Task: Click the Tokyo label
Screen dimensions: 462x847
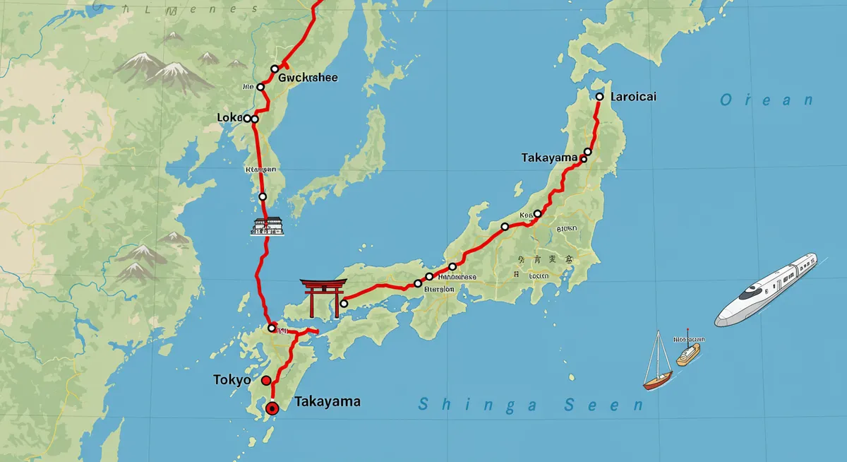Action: click(232, 380)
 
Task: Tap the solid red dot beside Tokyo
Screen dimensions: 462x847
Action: click(266, 381)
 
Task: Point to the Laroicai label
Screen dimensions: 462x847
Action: click(633, 96)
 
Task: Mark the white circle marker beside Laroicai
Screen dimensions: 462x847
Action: click(599, 97)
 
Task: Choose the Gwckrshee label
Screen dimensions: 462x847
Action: click(308, 78)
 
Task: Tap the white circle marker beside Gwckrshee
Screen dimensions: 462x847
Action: click(275, 69)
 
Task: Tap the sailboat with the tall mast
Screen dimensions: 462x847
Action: click(658, 362)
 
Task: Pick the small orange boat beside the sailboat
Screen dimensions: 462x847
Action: click(688, 354)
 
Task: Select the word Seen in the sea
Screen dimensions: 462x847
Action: click(604, 405)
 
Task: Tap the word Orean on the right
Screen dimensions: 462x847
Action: click(766, 100)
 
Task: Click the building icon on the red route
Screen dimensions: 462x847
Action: click(268, 226)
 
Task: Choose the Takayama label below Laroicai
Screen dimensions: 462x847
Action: click(549, 158)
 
